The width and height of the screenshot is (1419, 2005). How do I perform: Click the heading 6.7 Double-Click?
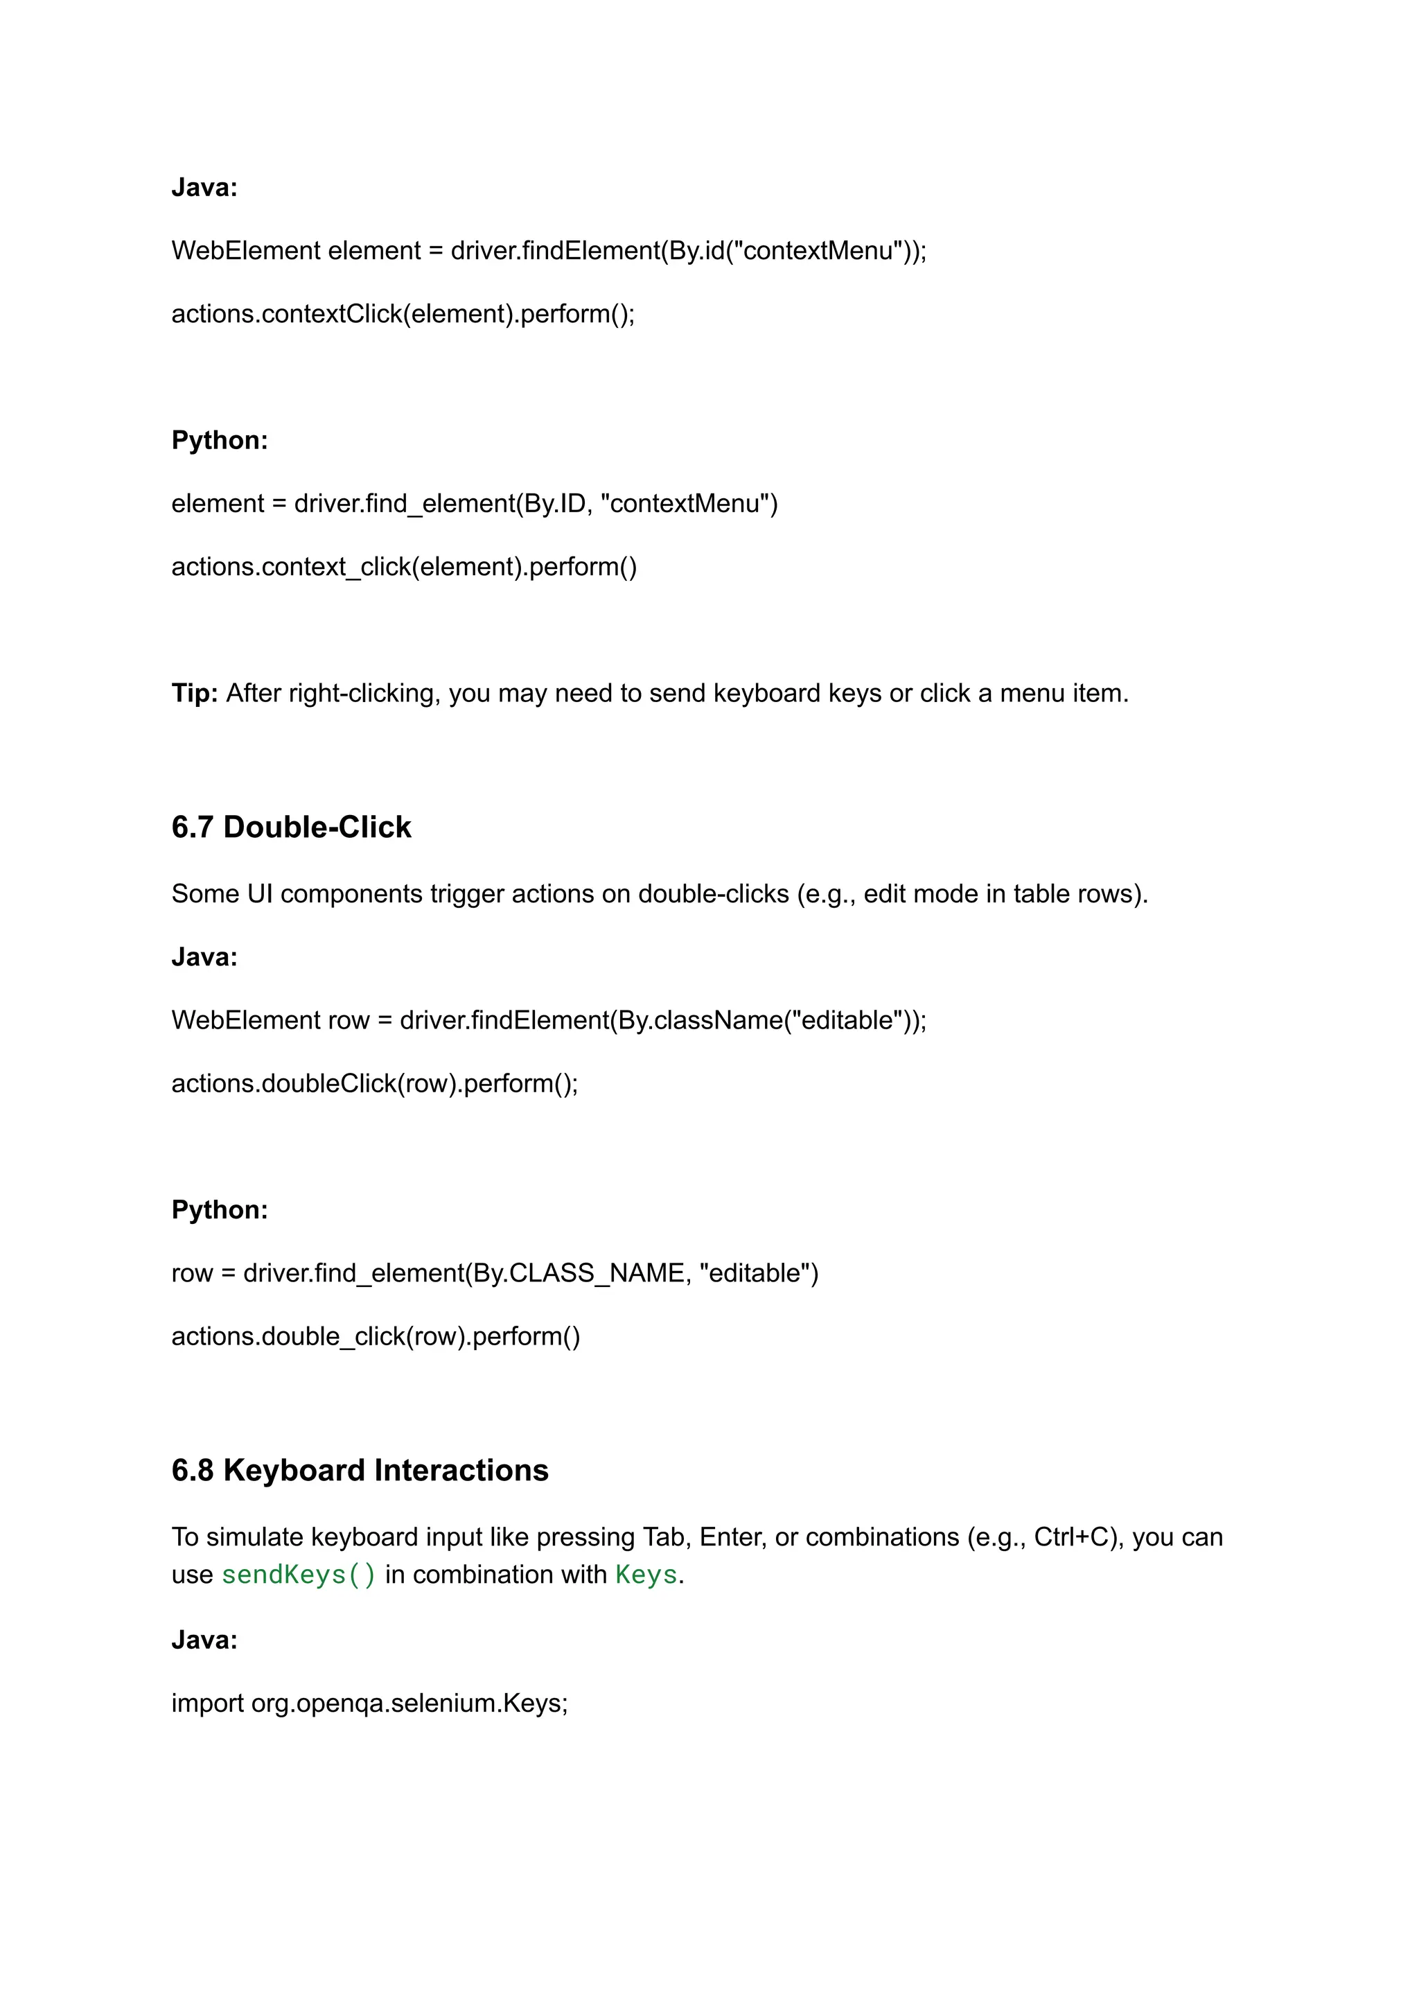(x=291, y=827)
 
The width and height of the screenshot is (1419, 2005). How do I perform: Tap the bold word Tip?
(x=194, y=693)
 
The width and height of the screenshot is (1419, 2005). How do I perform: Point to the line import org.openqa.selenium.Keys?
(x=369, y=1703)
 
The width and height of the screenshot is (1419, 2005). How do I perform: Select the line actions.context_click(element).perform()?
(x=404, y=566)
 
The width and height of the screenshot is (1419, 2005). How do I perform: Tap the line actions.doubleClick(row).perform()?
(x=375, y=1083)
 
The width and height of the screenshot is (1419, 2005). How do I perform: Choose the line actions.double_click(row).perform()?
(x=376, y=1336)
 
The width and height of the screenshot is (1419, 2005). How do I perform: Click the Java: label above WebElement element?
(x=204, y=187)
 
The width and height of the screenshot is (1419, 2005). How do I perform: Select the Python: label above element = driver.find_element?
(x=220, y=439)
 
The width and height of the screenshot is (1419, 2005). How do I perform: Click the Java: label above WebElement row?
(x=204, y=957)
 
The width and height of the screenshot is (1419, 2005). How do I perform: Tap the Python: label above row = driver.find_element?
(x=220, y=1209)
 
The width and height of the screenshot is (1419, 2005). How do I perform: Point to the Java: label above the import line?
(x=204, y=1640)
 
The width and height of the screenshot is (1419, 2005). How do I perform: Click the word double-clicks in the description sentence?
(x=713, y=893)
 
